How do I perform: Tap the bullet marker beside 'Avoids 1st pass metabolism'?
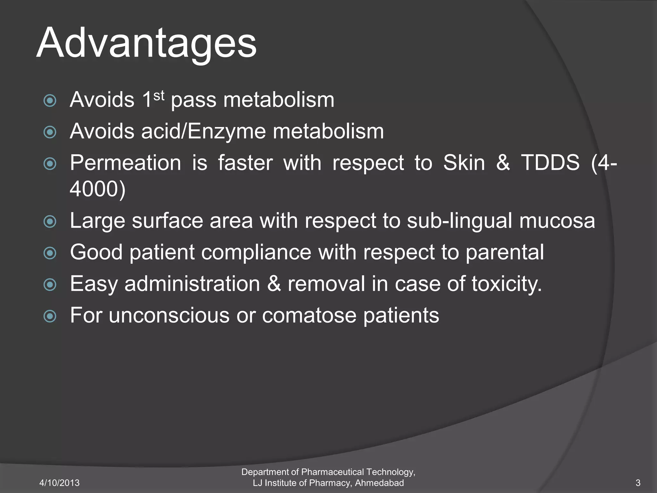click(50, 100)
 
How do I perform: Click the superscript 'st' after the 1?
click(159, 95)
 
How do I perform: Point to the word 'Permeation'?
click(125, 163)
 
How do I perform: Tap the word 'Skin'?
click(464, 163)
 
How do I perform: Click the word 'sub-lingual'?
click(459, 221)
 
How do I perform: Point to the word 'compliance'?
click(256, 252)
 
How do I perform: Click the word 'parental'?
click(505, 252)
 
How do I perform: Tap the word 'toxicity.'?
click(507, 284)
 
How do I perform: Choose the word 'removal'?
click(326, 284)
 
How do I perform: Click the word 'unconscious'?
click(169, 315)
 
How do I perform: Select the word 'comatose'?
click(309, 315)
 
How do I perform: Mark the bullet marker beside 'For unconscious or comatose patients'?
click(50, 316)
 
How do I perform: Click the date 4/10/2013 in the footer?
click(59, 483)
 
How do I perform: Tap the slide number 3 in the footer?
click(638, 483)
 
